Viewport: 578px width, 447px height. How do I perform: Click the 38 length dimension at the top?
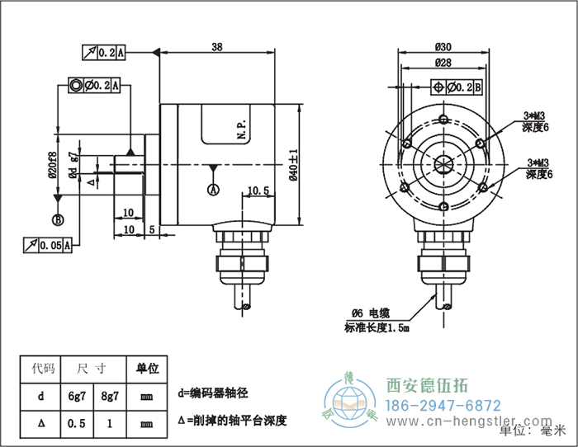pos(217,47)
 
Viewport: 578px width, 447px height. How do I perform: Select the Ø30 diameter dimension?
pos(443,47)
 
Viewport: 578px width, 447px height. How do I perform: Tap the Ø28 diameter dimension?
pos(443,63)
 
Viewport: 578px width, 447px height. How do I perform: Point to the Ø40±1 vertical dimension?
pos(292,164)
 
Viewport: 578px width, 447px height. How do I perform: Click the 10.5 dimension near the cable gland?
pos(258,191)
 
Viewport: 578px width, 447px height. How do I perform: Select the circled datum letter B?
pos(58,219)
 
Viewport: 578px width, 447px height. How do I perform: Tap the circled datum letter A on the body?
pos(213,190)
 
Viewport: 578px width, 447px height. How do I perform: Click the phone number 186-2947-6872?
pos(443,406)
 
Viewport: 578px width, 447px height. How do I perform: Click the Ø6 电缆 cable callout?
pos(369,313)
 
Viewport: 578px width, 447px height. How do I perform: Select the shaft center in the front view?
pos(443,162)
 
